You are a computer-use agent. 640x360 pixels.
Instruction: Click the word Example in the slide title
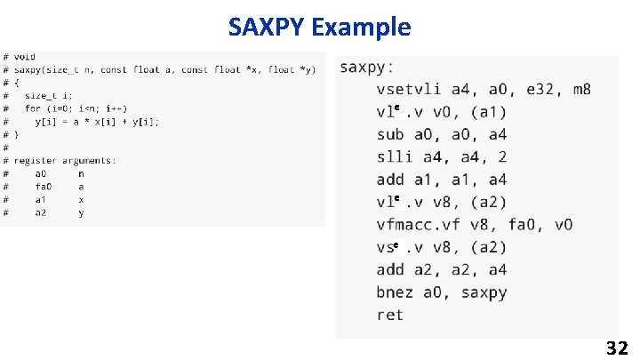362,28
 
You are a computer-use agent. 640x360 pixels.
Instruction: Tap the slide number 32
617,347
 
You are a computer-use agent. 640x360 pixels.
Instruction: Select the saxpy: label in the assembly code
368,67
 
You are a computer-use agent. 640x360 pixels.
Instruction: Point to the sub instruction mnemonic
389,134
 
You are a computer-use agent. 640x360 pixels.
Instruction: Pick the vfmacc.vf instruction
420,225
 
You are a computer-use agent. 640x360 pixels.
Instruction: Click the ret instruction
389,315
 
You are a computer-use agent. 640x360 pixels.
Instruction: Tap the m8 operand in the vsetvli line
581,89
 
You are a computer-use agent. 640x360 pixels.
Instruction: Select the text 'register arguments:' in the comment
65,160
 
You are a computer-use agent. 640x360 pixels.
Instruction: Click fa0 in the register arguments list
44,187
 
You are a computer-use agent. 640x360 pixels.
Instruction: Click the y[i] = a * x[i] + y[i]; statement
97,121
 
